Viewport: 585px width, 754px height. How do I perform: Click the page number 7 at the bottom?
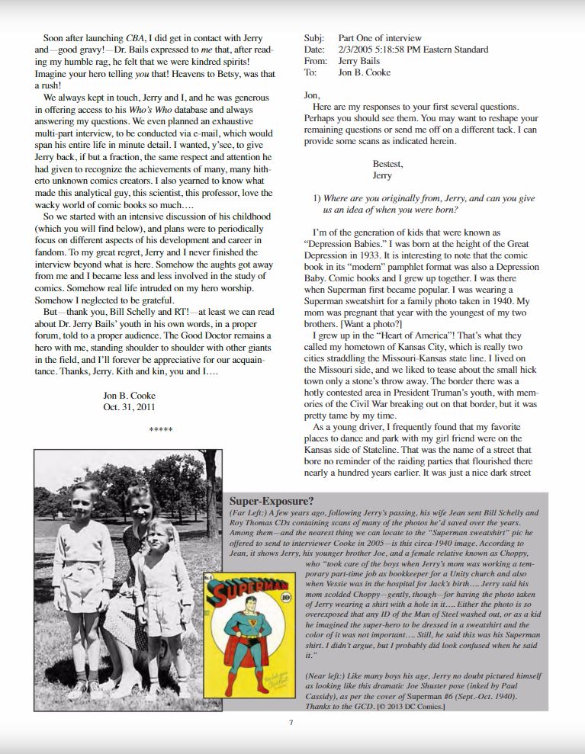point(291,723)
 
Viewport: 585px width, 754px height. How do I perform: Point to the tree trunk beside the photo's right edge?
point(210,488)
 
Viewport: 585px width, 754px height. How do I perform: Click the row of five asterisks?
point(161,431)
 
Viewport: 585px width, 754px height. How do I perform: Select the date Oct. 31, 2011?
point(128,406)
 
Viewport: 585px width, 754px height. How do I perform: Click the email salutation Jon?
point(312,95)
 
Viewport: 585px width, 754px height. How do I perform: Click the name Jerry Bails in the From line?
point(360,61)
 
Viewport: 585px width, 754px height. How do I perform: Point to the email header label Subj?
point(314,38)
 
